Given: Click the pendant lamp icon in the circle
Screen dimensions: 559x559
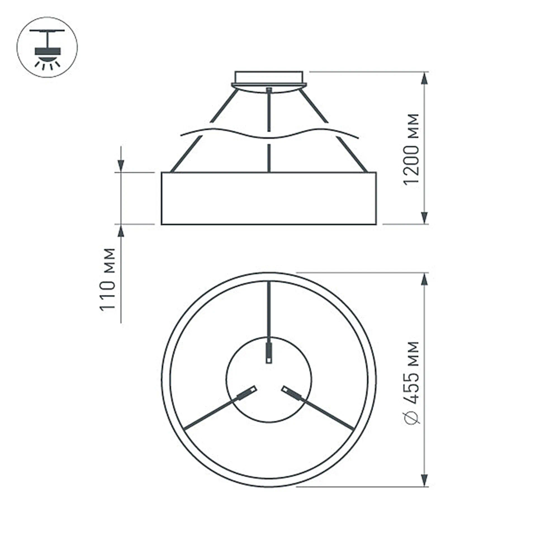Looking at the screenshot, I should (47, 47).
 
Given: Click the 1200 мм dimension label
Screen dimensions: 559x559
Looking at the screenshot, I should (412, 149).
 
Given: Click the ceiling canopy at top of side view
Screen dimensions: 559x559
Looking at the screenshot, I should (269, 79).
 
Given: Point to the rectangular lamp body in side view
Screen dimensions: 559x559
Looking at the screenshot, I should (268, 198).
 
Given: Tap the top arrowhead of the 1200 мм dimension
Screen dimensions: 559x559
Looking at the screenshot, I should (424, 79).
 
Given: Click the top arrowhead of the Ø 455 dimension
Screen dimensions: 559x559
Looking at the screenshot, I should (424, 279).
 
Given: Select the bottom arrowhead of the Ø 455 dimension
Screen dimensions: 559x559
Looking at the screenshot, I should (424, 479).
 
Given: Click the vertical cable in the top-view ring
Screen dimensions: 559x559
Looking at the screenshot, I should (269, 313).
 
